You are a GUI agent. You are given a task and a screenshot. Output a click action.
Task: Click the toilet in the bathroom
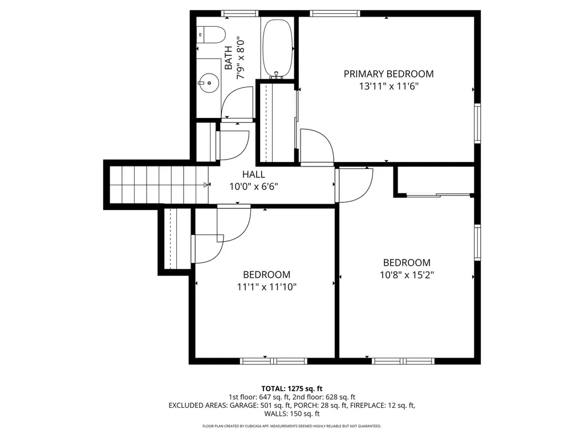coord(211,35)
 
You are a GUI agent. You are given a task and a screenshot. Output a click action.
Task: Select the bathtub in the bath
coord(278,48)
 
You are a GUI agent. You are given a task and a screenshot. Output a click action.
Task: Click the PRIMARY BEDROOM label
coord(388,74)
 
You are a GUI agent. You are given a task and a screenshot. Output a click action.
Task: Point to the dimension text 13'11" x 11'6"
coord(388,87)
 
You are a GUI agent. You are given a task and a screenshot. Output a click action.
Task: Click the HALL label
coord(254,175)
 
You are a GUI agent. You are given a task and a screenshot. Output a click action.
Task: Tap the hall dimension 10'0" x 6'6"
coord(254,186)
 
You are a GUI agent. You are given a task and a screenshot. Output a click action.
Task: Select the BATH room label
coord(228,58)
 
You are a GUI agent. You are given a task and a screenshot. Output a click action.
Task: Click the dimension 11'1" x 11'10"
coord(267,287)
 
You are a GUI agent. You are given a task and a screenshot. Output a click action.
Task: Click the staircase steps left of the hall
coord(159,185)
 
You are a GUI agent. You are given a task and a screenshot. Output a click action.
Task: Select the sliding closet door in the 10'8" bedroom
coord(438,195)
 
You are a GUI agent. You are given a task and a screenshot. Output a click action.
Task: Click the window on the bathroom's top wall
coord(240,14)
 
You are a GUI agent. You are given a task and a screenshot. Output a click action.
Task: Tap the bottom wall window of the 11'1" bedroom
coord(273,361)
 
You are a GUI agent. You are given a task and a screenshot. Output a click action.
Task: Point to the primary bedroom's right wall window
coord(477,123)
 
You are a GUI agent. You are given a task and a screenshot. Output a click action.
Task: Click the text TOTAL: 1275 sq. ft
coord(291,389)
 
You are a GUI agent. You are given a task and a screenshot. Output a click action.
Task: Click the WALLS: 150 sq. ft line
coord(291,413)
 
